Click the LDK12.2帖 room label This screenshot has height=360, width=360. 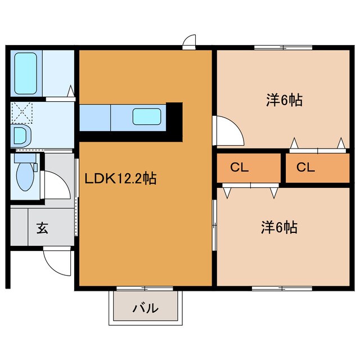pos(120,178)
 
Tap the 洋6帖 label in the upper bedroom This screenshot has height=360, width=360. pos(284,100)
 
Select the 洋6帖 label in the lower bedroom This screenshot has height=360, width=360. pos(279,227)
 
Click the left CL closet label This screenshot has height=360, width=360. pos(239,168)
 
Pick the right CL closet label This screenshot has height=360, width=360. pos(305,168)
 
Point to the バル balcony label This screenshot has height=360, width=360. pos(146,308)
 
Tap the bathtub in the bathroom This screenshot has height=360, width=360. pos(26,74)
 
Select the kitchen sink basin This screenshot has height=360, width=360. pos(146,116)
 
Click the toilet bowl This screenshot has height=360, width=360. pos(25,177)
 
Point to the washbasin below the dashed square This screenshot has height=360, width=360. pos(21,136)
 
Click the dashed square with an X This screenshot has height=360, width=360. pos(21,113)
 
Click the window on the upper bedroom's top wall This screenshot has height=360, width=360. pos(283,47)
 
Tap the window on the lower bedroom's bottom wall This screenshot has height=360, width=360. pos(282,289)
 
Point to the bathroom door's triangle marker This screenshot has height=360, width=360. pos(71,91)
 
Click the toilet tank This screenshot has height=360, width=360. pos(25,158)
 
